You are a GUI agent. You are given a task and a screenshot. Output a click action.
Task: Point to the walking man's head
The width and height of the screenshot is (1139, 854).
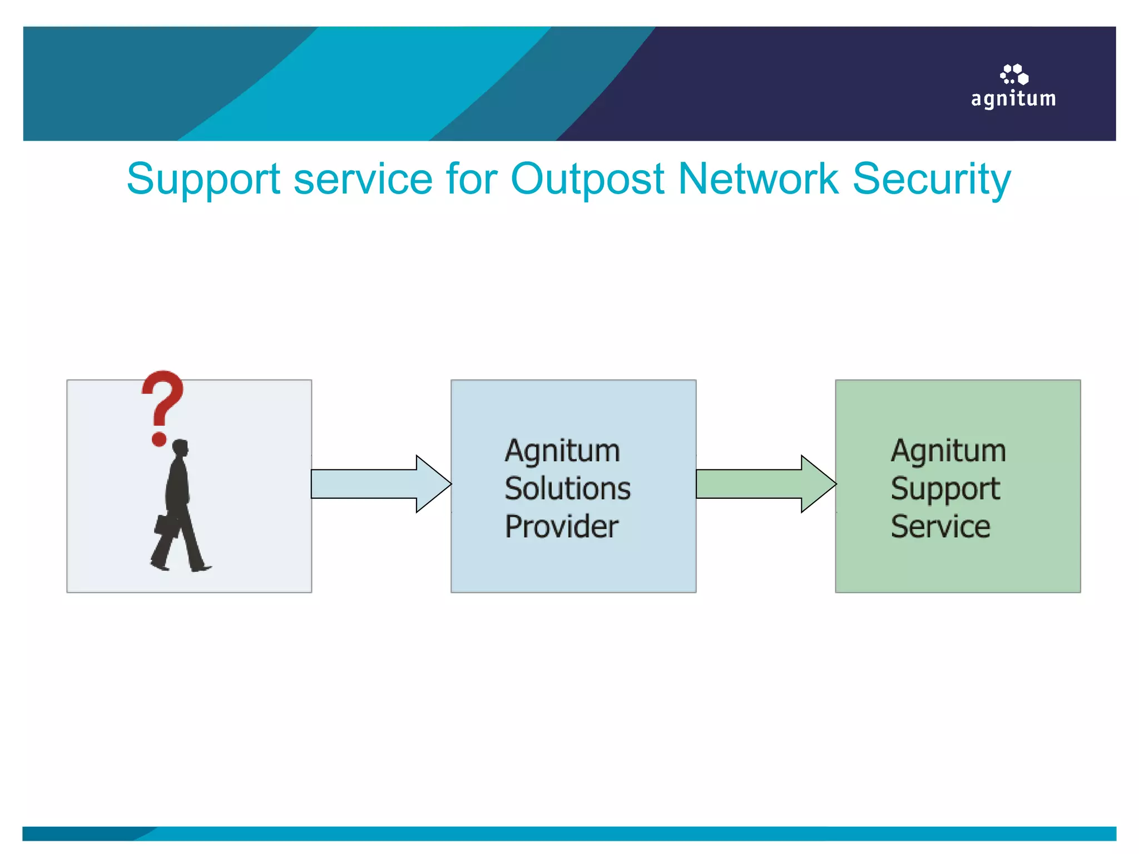coord(180,448)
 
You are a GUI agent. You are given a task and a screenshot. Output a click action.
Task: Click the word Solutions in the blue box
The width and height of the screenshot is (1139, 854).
coord(567,489)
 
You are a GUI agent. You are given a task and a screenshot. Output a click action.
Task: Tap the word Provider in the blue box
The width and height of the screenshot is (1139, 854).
coord(561,527)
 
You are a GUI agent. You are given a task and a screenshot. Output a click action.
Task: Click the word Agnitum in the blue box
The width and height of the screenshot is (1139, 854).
coord(562,451)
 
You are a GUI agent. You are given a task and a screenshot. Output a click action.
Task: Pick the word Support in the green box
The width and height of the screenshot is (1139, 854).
coord(945,489)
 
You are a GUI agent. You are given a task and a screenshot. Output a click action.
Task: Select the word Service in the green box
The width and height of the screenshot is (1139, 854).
coord(940,527)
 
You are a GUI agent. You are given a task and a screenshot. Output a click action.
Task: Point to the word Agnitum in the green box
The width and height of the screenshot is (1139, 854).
coord(948,451)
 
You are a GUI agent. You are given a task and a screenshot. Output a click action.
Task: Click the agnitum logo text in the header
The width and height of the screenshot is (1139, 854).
coord(1013,99)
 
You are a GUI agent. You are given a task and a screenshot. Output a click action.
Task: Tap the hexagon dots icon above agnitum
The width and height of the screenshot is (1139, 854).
coord(1014,74)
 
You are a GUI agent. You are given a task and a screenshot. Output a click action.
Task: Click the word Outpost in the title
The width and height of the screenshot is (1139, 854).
coord(587,179)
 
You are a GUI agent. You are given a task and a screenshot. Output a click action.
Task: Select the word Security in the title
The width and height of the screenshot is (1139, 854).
coord(932,179)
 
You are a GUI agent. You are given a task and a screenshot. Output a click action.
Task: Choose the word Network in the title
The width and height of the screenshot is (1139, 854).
coord(758,179)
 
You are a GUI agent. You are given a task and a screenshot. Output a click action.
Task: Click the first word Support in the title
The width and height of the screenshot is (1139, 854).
coord(203,179)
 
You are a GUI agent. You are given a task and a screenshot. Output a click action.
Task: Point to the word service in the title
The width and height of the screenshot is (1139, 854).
coord(363,179)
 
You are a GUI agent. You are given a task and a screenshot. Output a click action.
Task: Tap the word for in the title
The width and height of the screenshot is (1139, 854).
coord(471,179)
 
